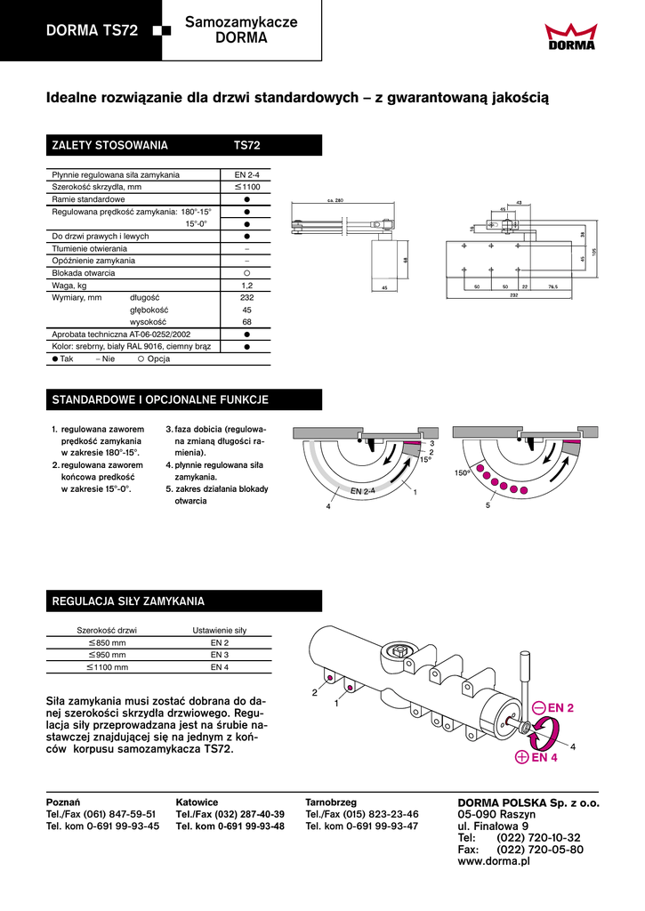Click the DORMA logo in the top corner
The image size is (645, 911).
[x=571, y=36]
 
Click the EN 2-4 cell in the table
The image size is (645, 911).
[x=245, y=175]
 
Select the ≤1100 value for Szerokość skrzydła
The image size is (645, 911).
[x=245, y=188]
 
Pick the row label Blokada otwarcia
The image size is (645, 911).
[x=80, y=273]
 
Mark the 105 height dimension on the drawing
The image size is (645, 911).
[x=594, y=251]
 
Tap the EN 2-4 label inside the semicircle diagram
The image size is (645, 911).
[x=363, y=490]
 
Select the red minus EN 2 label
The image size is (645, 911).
[x=554, y=707]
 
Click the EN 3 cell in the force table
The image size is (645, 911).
[x=220, y=654]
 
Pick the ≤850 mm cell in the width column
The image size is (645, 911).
[x=107, y=642]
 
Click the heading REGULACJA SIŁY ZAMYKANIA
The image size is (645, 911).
[x=129, y=601]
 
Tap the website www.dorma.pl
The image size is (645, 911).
[x=494, y=862]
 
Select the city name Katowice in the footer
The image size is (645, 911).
[x=197, y=802]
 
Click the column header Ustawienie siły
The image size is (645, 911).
[x=220, y=630]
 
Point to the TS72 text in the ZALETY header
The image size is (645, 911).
[x=246, y=145]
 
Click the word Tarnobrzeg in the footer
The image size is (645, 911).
[x=331, y=802]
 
